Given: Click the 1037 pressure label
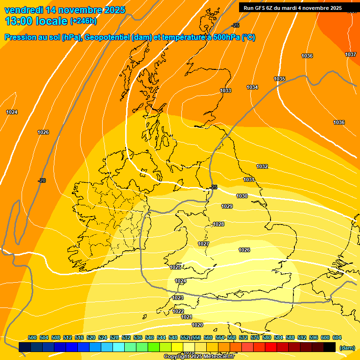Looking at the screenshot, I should tap(351, 55).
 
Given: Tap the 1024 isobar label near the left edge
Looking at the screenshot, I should tap(12, 112).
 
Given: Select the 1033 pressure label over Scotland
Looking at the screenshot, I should tap(225, 90).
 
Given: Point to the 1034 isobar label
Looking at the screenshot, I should tap(252, 87).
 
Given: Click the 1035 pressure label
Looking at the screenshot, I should tap(279, 79).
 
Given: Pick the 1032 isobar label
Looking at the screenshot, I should tap(262, 166).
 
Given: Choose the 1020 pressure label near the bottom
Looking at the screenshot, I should tap(197, 325).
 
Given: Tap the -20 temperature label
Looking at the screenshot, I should tap(42, 180).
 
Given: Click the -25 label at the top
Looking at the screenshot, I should tap(235, 25).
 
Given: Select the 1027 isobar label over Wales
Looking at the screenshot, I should tap(203, 244).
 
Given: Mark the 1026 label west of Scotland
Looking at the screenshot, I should tap(43, 132).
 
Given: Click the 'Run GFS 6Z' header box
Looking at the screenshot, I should tap(292, 8).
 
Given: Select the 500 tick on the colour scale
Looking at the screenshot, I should tap(32, 337).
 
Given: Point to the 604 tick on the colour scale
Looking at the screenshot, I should tap(337, 337).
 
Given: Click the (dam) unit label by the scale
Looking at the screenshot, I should tap(347, 347).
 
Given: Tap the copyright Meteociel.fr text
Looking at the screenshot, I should tap(199, 357).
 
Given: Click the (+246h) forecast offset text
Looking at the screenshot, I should tap(83, 22).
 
